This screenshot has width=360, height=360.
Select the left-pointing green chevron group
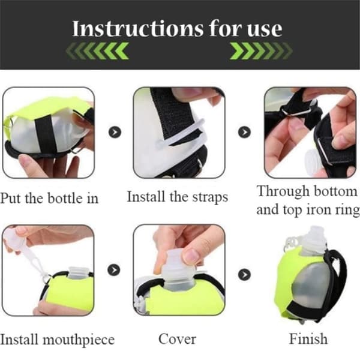pyautogui.click(x=97, y=51)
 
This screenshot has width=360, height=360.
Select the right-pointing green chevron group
pyautogui.click(x=261, y=51)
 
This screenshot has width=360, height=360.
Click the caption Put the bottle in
pyautogui.click(x=49, y=198)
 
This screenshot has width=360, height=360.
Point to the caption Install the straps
pyautogui.click(x=178, y=197)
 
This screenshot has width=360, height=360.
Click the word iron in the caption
pyautogui.click(x=321, y=209)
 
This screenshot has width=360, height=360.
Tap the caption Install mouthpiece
pyautogui.click(x=57, y=340)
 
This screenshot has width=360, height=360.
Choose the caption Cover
pyautogui.click(x=177, y=339)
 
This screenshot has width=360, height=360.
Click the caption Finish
pyautogui.click(x=308, y=338)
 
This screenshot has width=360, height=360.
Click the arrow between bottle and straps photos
pyautogui.click(x=115, y=132)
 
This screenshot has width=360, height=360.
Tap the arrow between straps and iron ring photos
pyautogui.click(x=244, y=132)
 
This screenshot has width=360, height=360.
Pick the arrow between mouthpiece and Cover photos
pyautogui.click(x=114, y=270)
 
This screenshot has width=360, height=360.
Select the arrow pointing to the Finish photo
pyautogui.click(x=244, y=274)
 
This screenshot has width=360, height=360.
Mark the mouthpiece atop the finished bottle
pyautogui.click(x=313, y=241)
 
